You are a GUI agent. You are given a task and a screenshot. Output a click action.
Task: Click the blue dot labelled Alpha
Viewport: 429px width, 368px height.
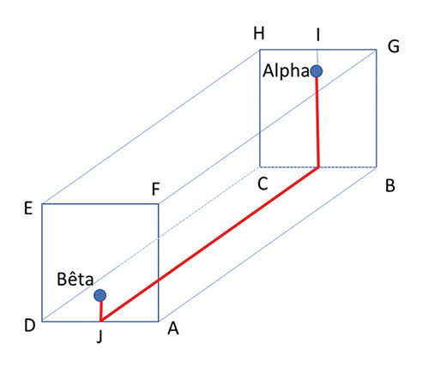pyautogui.click(x=317, y=71)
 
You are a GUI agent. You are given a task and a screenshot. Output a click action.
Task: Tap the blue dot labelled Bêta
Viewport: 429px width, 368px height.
pyautogui.click(x=100, y=295)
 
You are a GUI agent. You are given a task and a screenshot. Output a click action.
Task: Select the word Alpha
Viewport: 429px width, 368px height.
pyautogui.click(x=286, y=71)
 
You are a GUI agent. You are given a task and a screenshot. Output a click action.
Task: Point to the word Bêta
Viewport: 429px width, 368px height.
pyautogui.click(x=76, y=279)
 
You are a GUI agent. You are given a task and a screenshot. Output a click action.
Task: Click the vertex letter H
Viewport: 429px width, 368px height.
pyautogui.click(x=259, y=33)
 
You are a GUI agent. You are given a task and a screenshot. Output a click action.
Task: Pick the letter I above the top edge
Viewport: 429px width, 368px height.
pyautogui.click(x=317, y=35)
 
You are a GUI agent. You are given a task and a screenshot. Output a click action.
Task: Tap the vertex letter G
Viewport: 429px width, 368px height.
pyautogui.click(x=394, y=46)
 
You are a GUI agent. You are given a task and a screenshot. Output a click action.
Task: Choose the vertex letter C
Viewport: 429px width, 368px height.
pyautogui.click(x=263, y=184)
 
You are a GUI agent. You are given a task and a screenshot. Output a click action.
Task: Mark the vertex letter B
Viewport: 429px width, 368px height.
pyautogui.click(x=390, y=185)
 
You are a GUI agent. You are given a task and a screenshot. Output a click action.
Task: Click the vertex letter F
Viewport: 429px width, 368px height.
pyautogui.click(x=155, y=190)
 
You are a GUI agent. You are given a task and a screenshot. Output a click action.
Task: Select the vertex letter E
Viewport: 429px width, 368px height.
pyautogui.click(x=28, y=208)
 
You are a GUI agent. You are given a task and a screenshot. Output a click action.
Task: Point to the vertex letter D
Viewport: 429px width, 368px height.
pyautogui.click(x=30, y=325)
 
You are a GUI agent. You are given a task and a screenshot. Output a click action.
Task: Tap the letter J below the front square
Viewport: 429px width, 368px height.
pyautogui.click(x=100, y=337)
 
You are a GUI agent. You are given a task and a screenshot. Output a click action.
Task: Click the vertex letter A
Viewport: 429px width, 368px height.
pyautogui.click(x=173, y=329)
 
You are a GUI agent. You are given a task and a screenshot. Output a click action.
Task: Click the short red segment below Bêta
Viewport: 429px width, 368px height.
pyautogui.click(x=100, y=311)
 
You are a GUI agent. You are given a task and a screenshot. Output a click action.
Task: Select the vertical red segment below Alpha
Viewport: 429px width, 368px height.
pyautogui.click(x=317, y=122)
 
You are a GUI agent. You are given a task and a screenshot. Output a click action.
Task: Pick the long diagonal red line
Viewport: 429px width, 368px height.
pyautogui.click(x=209, y=244)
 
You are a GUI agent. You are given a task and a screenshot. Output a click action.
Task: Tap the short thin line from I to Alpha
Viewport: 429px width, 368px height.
pyautogui.click(x=317, y=57)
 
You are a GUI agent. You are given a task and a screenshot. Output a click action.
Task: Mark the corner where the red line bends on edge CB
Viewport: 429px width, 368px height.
pyautogui.click(x=318, y=167)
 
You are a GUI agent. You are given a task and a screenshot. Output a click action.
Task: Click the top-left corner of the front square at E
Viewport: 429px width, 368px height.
pyautogui.click(x=42, y=204)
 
